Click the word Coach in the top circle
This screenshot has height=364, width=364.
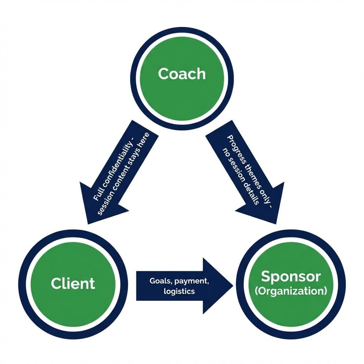point(182,74)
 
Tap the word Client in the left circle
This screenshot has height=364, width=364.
point(73,283)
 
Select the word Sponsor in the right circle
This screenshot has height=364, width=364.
point(290,277)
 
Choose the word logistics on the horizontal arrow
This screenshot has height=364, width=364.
point(179,291)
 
